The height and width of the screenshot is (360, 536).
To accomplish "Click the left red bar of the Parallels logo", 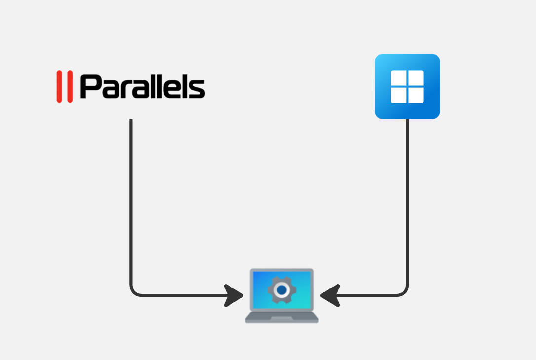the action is pyautogui.click(x=59, y=86).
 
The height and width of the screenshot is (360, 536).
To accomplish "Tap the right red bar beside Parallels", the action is pyautogui.click(x=70, y=86).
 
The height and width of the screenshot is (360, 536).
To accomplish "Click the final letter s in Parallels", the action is pyautogui.click(x=196, y=89).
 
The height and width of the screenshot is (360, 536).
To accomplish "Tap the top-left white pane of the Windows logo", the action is pyautogui.click(x=399, y=78).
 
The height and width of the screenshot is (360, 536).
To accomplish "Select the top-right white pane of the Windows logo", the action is pyautogui.click(x=416, y=78).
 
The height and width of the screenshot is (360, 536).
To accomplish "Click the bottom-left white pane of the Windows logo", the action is pyautogui.click(x=399, y=95).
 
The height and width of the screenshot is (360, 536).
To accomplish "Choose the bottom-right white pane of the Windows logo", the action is pyautogui.click(x=416, y=95).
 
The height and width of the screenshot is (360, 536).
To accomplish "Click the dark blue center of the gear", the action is pyautogui.click(x=282, y=290).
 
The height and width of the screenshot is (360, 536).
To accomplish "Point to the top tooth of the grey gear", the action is pyautogui.click(x=282, y=278).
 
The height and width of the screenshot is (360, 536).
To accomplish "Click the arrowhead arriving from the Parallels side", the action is pyautogui.click(x=233, y=295).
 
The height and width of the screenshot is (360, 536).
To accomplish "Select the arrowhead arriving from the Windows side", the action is pyautogui.click(x=330, y=295).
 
